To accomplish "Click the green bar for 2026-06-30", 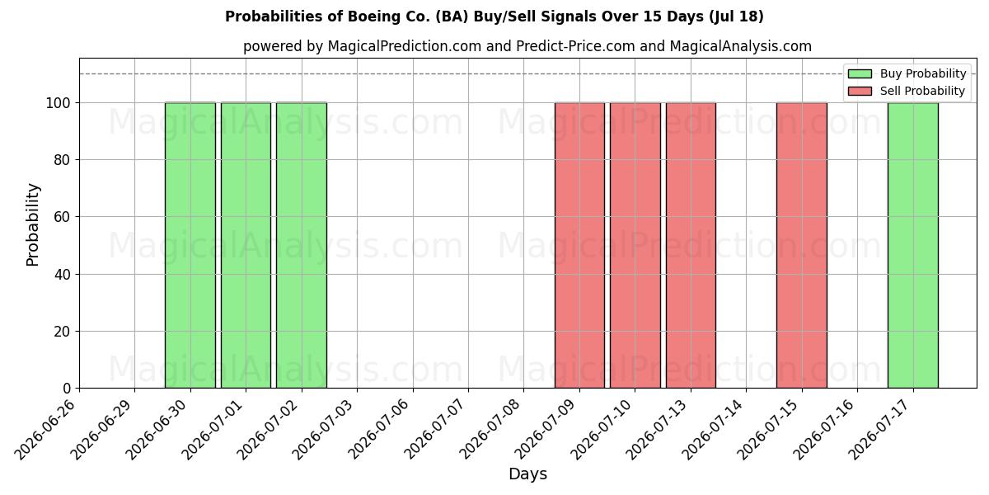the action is pyautogui.click(x=190, y=245).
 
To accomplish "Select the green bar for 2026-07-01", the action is pyautogui.click(x=246, y=245).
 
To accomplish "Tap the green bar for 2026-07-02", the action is pyautogui.click(x=302, y=245).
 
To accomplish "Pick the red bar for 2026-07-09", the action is pyautogui.click(x=579, y=245).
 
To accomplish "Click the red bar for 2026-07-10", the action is pyautogui.click(x=635, y=245).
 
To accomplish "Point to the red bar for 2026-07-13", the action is pyautogui.click(x=691, y=245).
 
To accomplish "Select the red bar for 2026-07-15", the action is pyautogui.click(x=802, y=245).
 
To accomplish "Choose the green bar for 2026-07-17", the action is pyautogui.click(x=913, y=245).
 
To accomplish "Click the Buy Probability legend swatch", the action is pyautogui.click(x=860, y=73).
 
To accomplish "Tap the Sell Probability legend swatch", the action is pyautogui.click(x=860, y=91).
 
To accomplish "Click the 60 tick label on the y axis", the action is pyautogui.click(x=63, y=217).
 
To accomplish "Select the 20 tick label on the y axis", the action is pyautogui.click(x=63, y=332).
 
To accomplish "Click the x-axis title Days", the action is pyautogui.click(x=527, y=474).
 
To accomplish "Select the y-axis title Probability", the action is pyautogui.click(x=33, y=224).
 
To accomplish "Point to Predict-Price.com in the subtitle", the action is pyautogui.click(x=575, y=46).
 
